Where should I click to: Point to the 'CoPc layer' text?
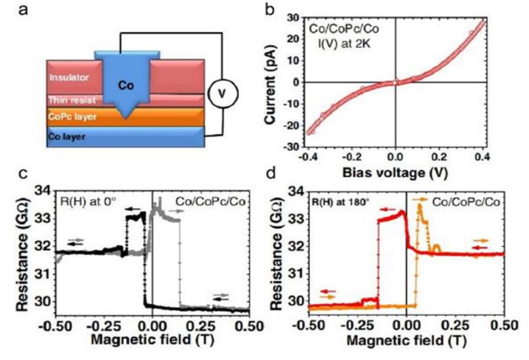70,117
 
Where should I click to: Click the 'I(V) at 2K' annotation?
348,40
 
